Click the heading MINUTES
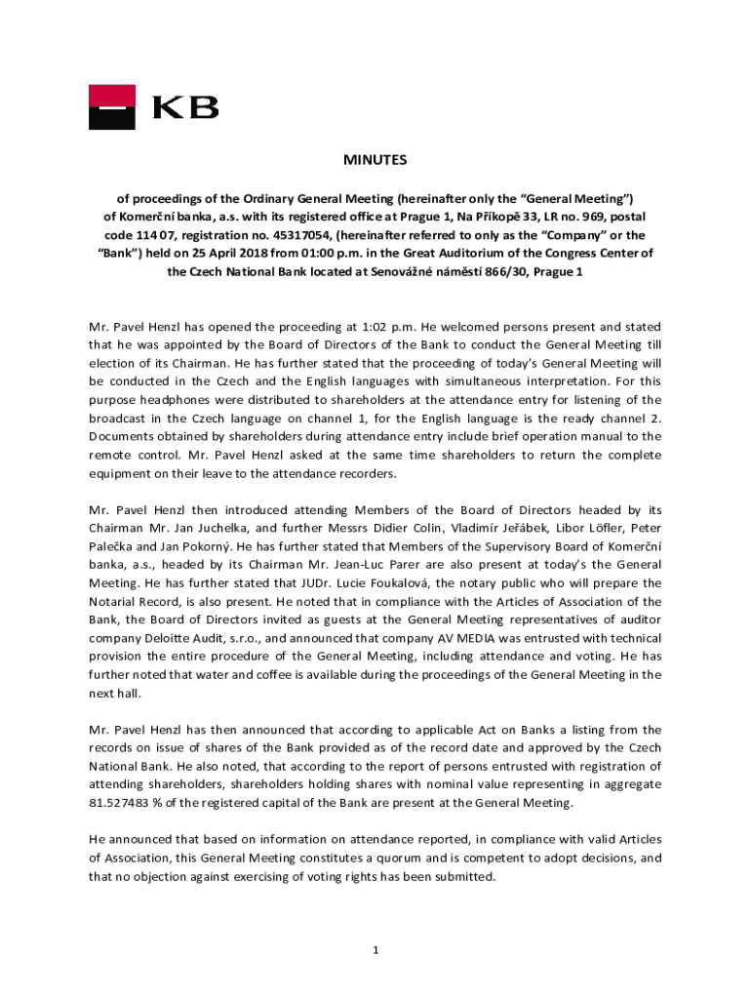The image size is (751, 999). tap(374, 160)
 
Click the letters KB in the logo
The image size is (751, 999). tap(185, 107)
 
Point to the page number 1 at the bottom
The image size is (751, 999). tap(375, 950)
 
